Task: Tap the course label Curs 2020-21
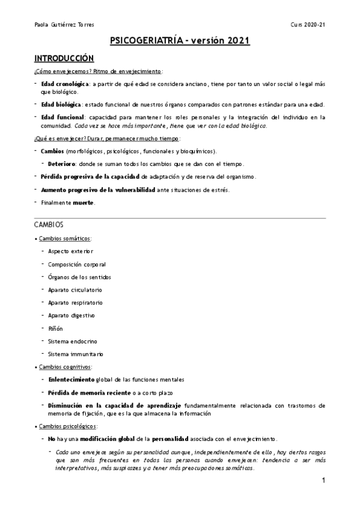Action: point(308,25)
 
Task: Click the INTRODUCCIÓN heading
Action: point(64,58)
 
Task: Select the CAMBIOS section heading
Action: point(49,224)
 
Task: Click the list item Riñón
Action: point(55,328)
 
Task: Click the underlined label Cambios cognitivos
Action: point(65,366)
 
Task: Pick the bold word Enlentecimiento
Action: point(71,379)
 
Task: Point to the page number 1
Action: point(323,481)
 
